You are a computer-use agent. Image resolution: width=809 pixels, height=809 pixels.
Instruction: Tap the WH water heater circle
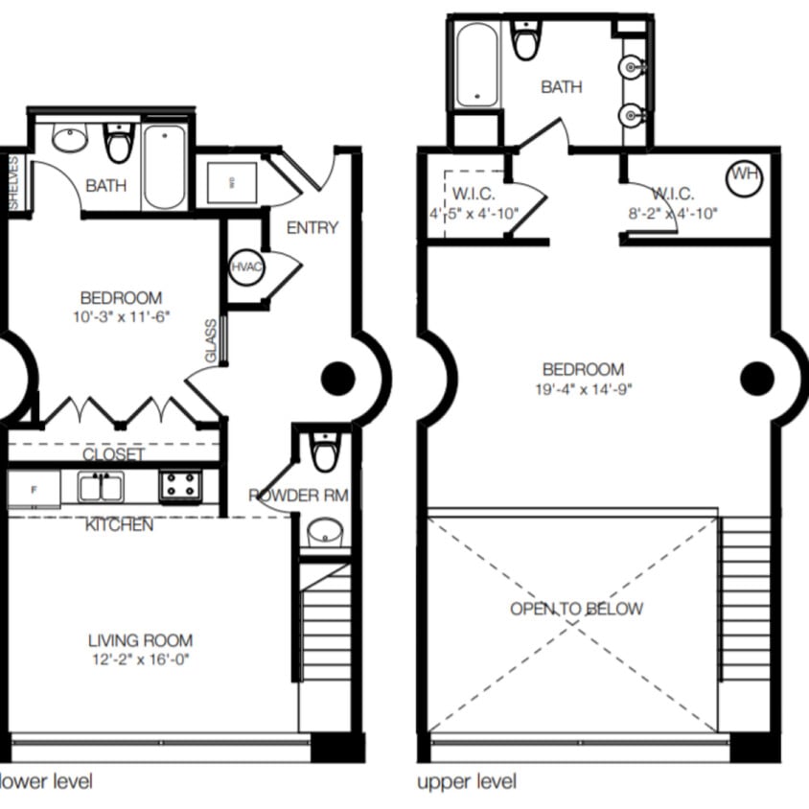(x=745, y=176)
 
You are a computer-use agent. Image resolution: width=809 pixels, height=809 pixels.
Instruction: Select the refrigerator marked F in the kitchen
(x=34, y=489)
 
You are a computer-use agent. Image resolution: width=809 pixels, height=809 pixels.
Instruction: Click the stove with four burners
(x=179, y=486)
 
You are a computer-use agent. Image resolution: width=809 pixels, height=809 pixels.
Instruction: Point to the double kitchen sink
(x=101, y=488)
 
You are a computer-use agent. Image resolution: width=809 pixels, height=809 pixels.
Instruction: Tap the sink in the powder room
(x=325, y=530)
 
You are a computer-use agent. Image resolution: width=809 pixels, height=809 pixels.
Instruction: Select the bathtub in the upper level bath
(x=475, y=64)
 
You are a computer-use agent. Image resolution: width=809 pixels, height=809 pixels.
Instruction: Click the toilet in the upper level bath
(x=526, y=39)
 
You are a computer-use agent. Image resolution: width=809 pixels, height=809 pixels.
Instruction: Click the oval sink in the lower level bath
(x=69, y=140)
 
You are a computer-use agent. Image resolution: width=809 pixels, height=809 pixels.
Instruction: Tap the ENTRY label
(x=312, y=227)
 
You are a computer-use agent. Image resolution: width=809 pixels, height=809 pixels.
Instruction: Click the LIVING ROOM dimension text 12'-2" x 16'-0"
(x=140, y=660)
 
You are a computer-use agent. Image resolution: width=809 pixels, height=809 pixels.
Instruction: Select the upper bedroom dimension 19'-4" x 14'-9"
(x=583, y=388)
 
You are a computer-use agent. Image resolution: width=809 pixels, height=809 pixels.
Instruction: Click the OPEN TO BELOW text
(x=576, y=609)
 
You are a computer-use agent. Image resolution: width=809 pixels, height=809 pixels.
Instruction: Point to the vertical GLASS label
(x=211, y=341)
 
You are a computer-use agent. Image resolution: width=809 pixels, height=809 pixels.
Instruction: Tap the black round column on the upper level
(x=757, y=378)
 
